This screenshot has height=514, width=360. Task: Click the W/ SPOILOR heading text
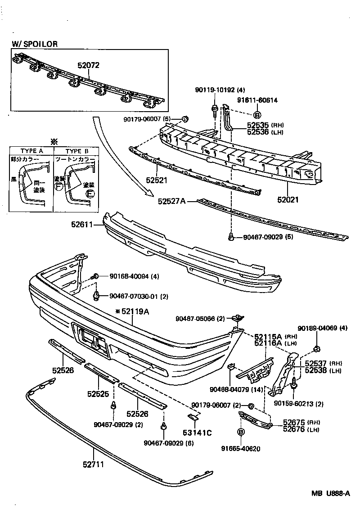click(35, 44)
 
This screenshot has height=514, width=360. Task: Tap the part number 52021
click(288, 199)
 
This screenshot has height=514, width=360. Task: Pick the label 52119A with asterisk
click(132, 311)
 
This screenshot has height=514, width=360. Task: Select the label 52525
click(98, 394)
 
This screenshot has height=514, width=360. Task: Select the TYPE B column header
click(74, 151)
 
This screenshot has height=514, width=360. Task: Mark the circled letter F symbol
click(58, 185)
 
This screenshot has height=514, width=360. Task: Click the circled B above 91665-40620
click(241, 432)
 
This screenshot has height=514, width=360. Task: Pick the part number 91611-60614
click(257, 100)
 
